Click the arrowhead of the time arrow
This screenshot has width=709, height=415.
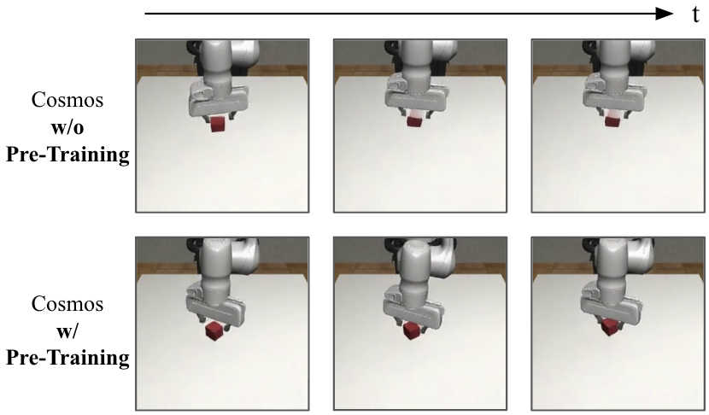[665, 14]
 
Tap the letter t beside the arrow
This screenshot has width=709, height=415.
[695, 15]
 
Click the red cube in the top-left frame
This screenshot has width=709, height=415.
[218, 125]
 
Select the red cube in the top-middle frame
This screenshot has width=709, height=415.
[413, 120]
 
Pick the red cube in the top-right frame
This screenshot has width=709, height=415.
[612, 121]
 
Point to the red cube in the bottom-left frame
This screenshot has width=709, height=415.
[214, 330]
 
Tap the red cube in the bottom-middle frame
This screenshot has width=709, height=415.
[411, 330]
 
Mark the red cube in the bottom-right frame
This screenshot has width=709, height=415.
[610, 327]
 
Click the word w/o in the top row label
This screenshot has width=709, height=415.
[67, 127]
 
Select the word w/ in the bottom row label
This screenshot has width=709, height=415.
[67, 331]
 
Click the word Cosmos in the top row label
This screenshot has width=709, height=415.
[67, 100]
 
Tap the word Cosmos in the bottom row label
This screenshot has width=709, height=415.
[67, 304]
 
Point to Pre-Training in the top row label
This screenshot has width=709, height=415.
[67, 155]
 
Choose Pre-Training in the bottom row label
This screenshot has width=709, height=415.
[67, 358]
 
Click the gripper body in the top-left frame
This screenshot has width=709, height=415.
[219, 101]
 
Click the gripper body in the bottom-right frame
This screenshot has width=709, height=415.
[614, 302]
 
